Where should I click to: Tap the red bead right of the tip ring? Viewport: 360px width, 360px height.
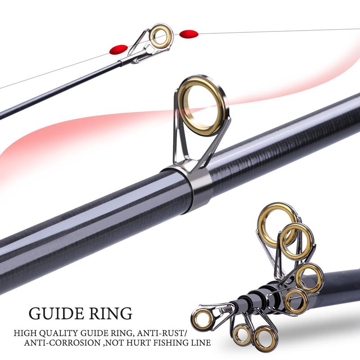[189, 33]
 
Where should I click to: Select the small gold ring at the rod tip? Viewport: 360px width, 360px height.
[161, 36]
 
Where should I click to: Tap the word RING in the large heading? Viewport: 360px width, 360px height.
[111, 313]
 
